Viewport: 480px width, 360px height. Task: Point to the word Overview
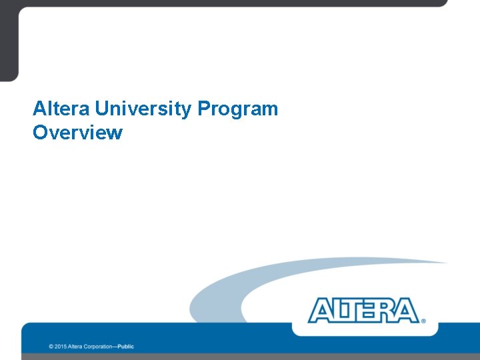[x=77, y=133]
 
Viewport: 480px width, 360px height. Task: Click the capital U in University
[x=102, y=109]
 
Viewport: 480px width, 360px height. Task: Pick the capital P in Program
[x=203, y=109]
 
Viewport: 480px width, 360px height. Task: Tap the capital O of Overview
[x=40, y=133]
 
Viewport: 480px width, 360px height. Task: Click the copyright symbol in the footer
[x=51, y=347]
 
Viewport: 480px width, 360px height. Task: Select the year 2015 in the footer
[x=61, y=347]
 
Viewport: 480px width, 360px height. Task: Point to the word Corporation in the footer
[x=99, y=347]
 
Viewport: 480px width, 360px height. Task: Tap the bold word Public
[x=126, y=347]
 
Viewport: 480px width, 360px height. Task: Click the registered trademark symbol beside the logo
[x=423, y=321]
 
